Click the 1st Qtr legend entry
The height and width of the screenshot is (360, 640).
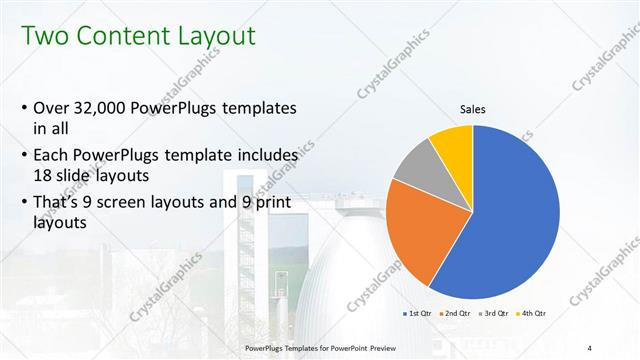[419, 314]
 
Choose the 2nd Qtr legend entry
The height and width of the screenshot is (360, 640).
[457, 314]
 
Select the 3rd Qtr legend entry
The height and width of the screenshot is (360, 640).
[495, 314]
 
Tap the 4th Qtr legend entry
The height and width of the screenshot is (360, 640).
[532, 314]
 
